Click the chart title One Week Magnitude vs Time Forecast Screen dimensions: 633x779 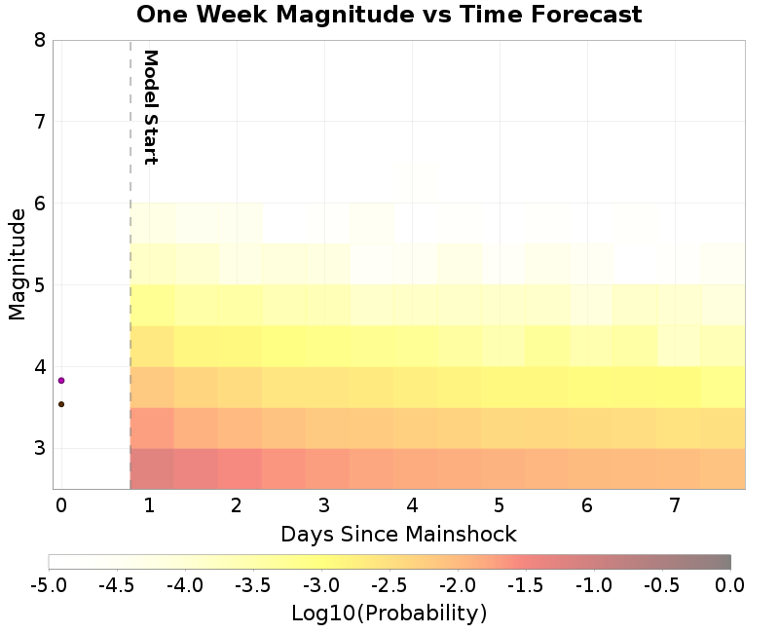tap(389, 15)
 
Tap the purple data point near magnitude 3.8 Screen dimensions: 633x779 tap(61, 381)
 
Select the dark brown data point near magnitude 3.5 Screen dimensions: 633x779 tap(61, 404)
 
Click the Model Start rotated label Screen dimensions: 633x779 tap(150, 107)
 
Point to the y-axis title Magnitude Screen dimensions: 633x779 tap(17, 263)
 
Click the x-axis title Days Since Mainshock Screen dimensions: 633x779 tap(398, 534)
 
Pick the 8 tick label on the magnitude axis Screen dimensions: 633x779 tap(39, 40)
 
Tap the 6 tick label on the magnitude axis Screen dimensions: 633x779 tap(39, 204)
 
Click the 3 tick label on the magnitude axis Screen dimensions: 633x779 tap(39, 449)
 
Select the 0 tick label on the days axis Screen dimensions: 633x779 tap(61, 505)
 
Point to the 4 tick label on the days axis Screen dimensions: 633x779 tap(412, 505)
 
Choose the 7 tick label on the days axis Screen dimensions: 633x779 tap(675, 505)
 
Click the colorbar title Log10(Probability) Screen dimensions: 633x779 tap(389, 614)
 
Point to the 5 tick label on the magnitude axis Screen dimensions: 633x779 tap(39, 285)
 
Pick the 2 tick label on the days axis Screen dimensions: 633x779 tap(237, 505)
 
